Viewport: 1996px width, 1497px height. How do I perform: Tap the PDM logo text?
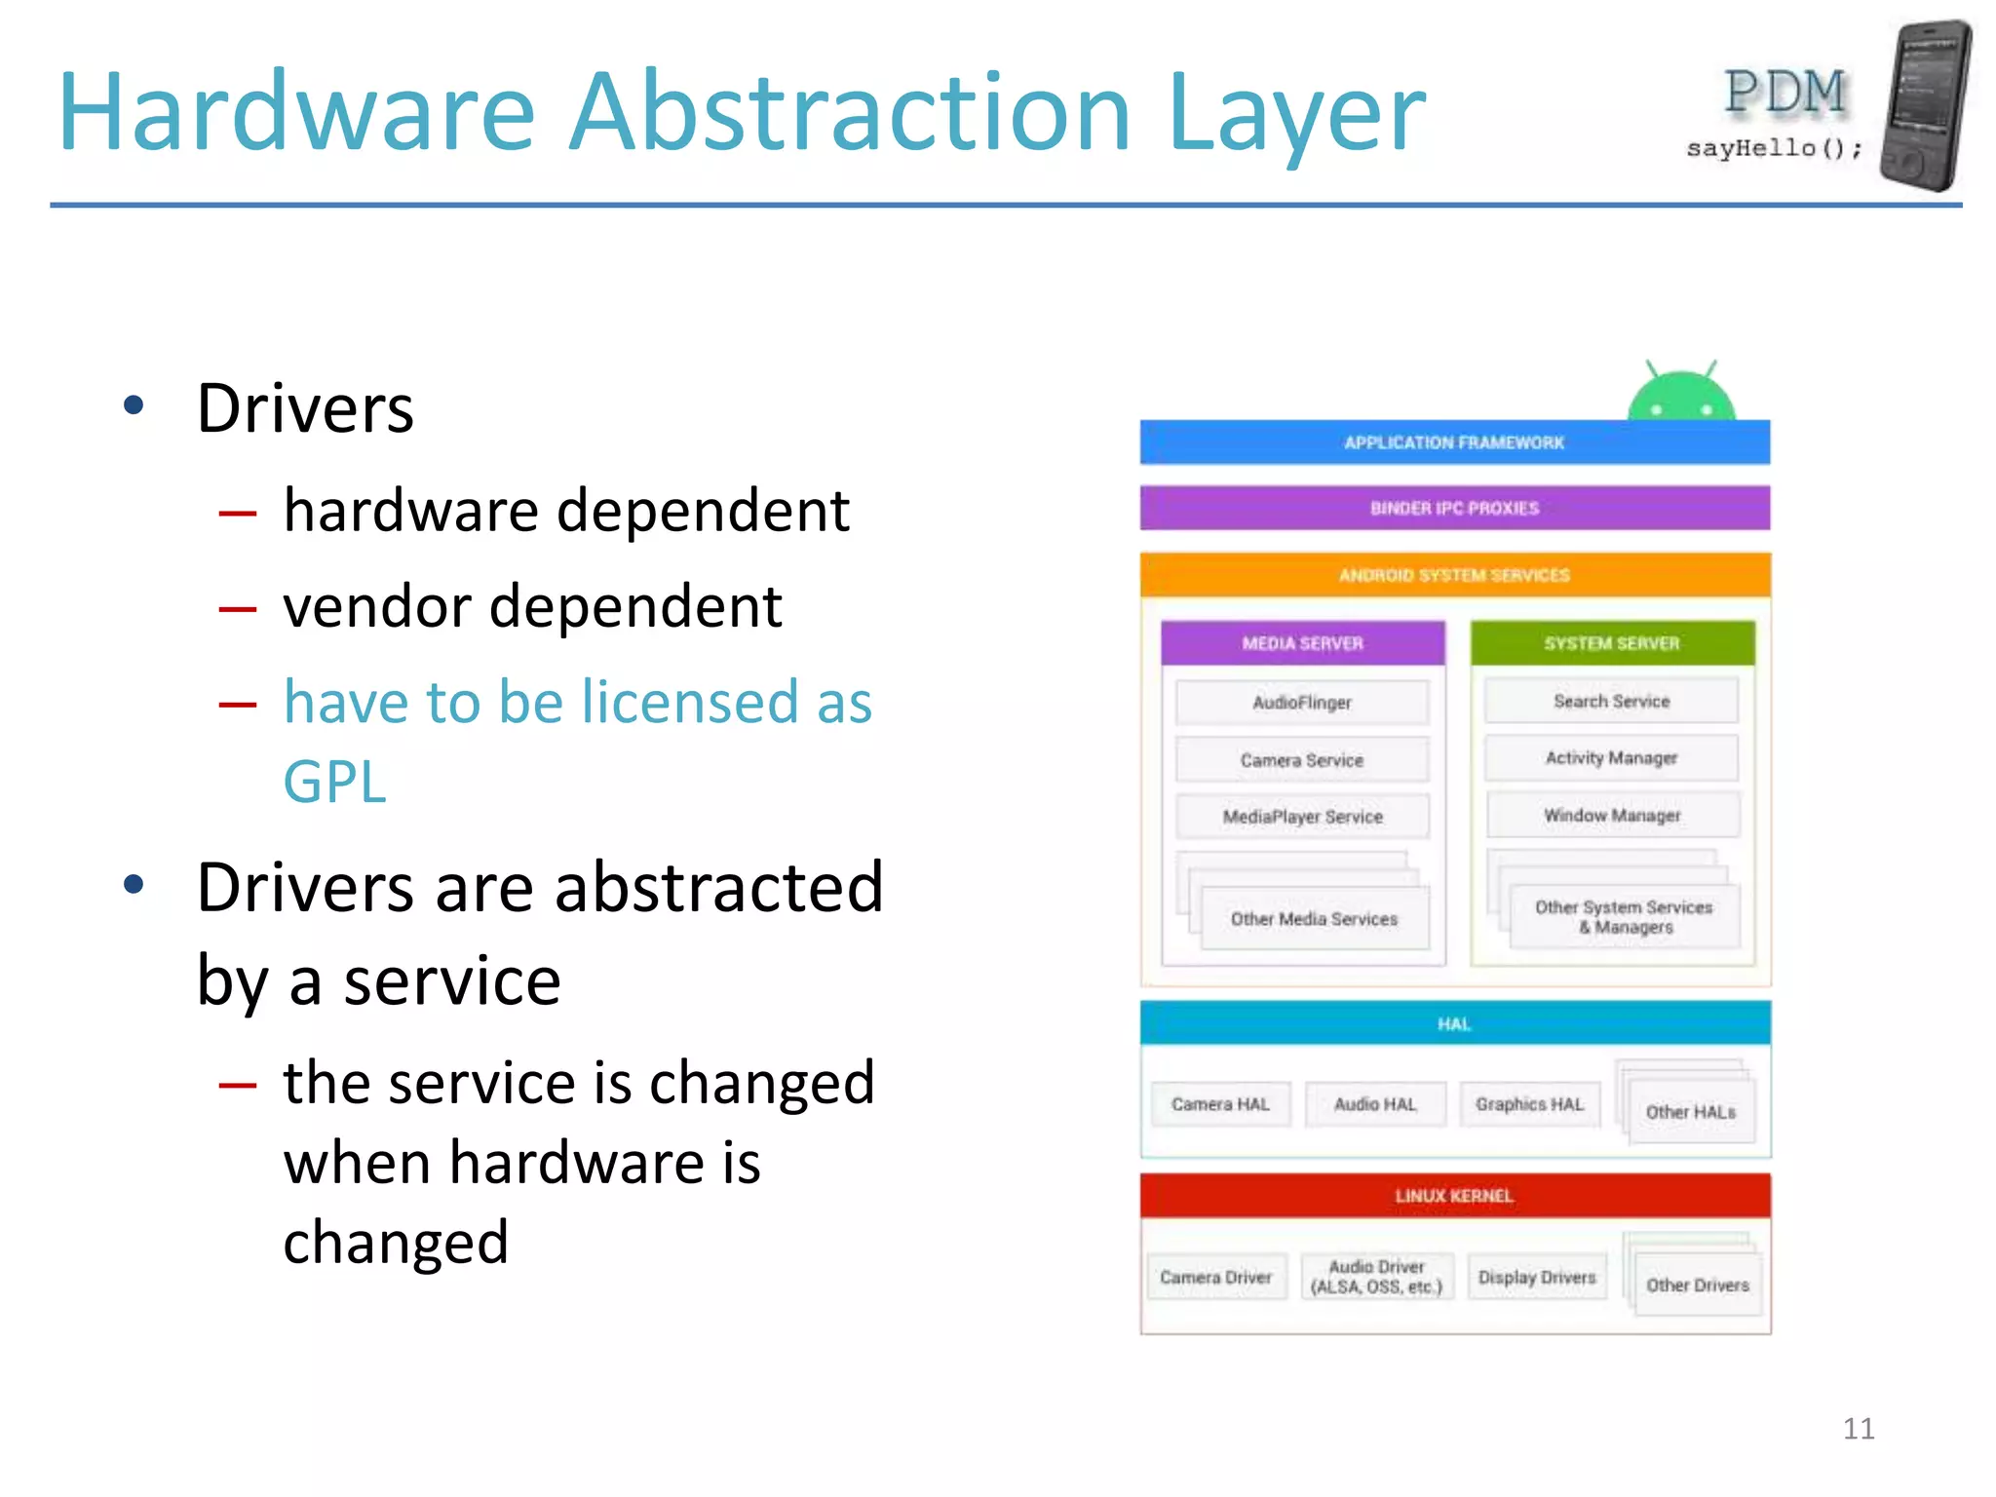tap(1785, 93)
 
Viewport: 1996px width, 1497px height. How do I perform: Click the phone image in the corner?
tap(1926, 105)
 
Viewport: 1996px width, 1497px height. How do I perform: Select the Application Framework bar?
tap(1454, 442)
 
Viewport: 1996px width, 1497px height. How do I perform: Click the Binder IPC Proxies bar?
tap(1454, 508)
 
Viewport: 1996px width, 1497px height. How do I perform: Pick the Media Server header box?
tap(1302, 643)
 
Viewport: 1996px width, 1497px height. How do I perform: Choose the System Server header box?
tap(1611, 643)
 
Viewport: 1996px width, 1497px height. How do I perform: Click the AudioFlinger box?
tap(1302, 703)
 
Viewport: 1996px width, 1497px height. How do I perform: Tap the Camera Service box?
tap(1302, 760)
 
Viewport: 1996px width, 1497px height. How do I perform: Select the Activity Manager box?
tap(1611, 758)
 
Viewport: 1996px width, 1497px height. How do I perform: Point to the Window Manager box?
tap(1612, 815)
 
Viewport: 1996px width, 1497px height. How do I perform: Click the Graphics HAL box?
tap(1529, 1104)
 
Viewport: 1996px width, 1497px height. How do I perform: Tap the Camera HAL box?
tap(1220, 1104)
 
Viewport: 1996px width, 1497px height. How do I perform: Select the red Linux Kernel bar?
tap(1454, 1196)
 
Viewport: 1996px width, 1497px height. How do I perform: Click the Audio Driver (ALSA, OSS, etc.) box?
tap(1376, 1277)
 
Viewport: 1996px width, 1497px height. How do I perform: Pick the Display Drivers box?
tap(1537, 1277)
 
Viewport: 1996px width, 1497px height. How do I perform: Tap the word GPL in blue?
tap(334, 782)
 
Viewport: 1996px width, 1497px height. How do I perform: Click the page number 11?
tap(1859, 1429)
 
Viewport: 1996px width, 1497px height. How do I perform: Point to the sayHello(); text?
tap(1774, 148)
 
